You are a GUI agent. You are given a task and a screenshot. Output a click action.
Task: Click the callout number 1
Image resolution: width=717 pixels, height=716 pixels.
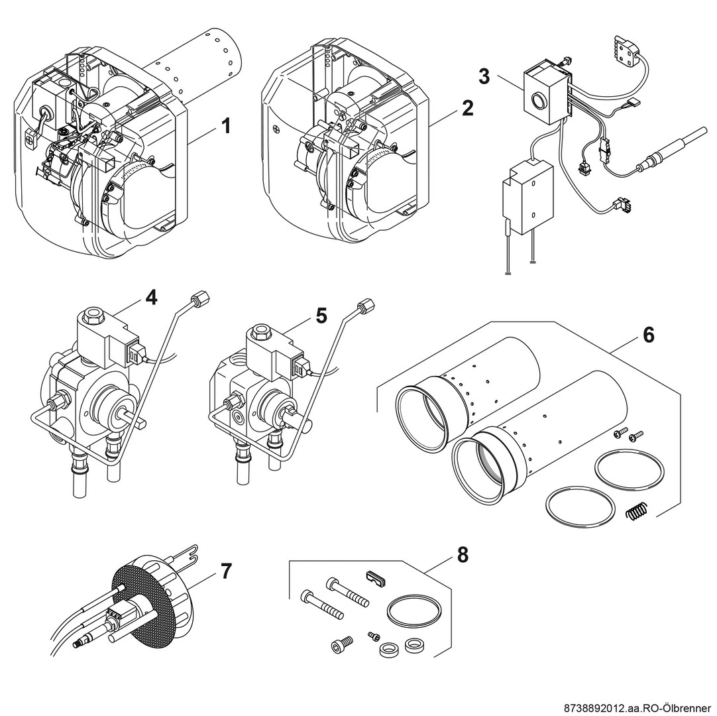click(226, 125)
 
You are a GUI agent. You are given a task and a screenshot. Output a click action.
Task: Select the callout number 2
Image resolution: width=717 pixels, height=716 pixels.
click(468, 108)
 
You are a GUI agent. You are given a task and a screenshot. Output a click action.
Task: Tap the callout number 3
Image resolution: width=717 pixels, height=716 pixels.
click(484, 76)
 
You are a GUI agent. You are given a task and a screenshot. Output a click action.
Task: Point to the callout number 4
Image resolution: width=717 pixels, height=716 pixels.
click(151, 298)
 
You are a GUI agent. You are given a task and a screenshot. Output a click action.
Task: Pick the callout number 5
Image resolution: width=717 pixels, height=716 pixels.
click(321, 316)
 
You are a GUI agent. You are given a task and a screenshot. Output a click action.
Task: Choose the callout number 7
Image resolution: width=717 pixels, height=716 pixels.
click(226, 571)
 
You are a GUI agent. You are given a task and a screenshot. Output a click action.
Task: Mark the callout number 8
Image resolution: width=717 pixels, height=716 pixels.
click(463, 554)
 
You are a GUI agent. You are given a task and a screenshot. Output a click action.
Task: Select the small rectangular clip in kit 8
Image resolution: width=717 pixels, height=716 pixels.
click(376, 577)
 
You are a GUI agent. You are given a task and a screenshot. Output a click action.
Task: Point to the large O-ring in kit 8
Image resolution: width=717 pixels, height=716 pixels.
click(414, 609)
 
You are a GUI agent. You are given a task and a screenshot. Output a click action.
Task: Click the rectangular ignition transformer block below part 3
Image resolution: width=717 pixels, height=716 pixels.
click(529, 195)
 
